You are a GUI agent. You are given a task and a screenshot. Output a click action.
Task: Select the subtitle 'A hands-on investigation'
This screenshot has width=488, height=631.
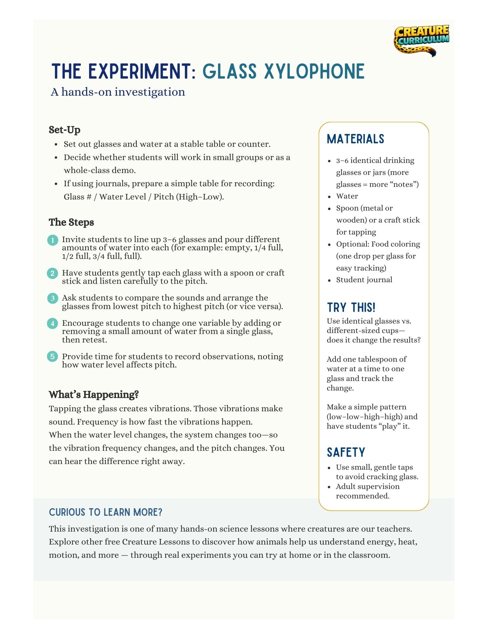pyautogui.click(x=118, y=92)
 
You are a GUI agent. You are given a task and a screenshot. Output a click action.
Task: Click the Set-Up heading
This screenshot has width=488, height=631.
pyautogui.click(x=64, y=130)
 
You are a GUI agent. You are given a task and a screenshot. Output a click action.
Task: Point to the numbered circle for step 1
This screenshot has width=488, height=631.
pyautogui.click(x=53, y=240)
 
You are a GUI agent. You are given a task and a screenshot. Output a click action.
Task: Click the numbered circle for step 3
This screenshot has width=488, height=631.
pyautogui.click(x=53, y=298)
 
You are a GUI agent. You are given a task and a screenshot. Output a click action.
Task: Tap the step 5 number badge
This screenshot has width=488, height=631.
pyautogui.click(x=53, y=357)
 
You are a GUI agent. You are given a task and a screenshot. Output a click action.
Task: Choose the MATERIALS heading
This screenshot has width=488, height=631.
pyautogui.click(x=355, y=139)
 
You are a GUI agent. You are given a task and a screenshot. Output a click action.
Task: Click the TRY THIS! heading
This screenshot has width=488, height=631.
pyautogui.click(x=351, y=307)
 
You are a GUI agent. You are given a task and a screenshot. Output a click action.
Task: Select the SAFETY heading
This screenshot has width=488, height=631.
pyautogui.click(x=346, y=452)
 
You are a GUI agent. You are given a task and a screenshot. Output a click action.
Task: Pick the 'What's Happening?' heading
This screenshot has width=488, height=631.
pyautogui.click(x=94, y=395)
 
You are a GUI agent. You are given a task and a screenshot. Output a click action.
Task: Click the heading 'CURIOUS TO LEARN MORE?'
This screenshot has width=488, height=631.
pyautogui.click(x=105, y=512)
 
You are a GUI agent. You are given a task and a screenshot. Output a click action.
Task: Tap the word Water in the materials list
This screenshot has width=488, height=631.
pyautogui.click(x=347, y=196)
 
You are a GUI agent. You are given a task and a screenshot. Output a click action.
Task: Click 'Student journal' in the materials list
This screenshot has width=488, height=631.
pyautogui.click(x=364, y=280)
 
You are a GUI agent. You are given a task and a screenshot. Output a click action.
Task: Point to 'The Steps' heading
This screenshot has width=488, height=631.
pyautogui.click(x=71, y=222)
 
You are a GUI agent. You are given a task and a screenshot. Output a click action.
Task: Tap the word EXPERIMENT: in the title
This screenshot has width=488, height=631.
pyautogui.click(x=142, y=71)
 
